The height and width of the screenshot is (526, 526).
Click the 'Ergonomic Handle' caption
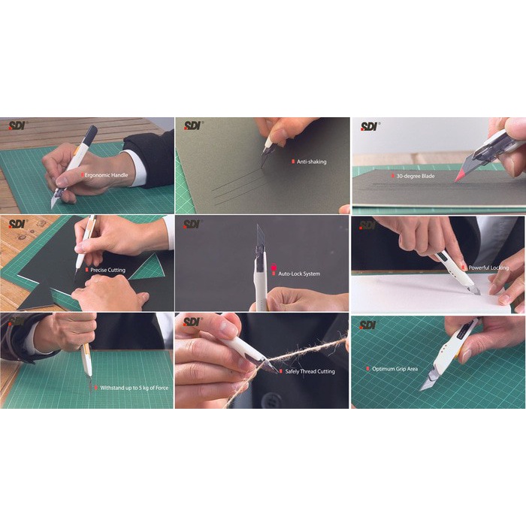tap(106, 174)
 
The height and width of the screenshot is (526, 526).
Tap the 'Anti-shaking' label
tap(311, 162)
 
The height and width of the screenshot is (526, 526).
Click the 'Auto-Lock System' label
tap(298, 274)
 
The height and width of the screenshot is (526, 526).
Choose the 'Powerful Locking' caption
tap(489, 268)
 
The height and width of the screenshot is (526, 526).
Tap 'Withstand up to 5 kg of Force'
tap(135, 388)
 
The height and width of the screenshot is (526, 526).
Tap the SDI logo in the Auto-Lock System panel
tap(193, 223)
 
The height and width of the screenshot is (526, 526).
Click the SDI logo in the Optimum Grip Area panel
tap(368, 325)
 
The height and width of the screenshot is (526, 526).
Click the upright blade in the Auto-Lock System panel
tap(259, 240)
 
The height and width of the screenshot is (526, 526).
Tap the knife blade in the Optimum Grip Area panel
tap(429, 380)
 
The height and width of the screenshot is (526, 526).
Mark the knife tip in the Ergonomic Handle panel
tap(53, 204)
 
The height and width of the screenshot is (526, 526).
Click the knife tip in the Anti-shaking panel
tap(264, 153)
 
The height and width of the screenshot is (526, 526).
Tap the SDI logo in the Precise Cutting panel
tap(17, 223)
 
